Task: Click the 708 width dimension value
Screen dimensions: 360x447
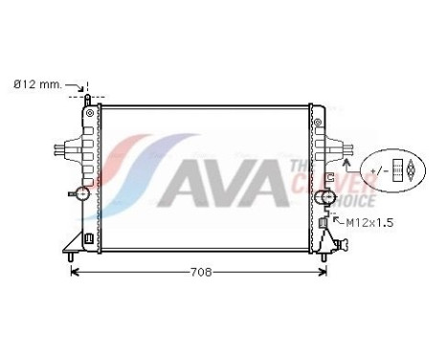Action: tap(199, 272)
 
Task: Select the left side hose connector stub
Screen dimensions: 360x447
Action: tap(61, 150)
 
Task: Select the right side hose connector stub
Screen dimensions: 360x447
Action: tap(340, 150)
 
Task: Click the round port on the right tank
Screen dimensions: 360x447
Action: tap(330, 197)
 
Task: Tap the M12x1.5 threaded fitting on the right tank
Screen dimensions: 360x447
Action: tap(325, 223)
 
